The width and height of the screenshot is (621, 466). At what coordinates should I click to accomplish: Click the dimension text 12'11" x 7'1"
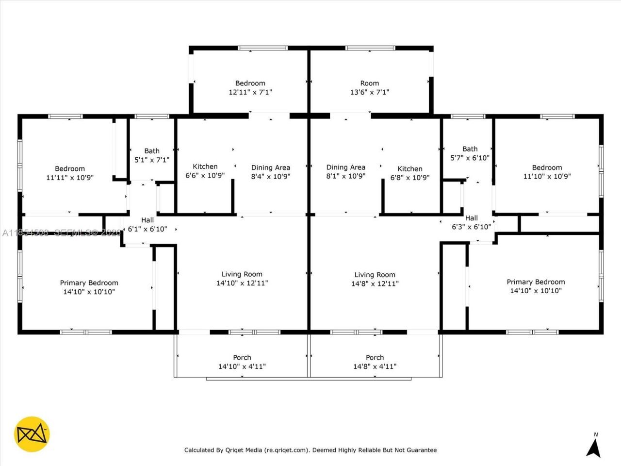click(250, 92)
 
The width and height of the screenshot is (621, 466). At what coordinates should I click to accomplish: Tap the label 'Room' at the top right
click(369, 83)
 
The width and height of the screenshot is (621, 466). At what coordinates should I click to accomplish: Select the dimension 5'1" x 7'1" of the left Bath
click(151, 160)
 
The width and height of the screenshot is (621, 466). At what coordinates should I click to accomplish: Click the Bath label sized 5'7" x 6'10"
click(470, 149)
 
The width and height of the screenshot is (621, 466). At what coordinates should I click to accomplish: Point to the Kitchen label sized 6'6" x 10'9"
click(205, 166)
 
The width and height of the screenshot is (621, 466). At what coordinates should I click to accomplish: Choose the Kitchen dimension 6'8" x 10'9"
click(410, 178)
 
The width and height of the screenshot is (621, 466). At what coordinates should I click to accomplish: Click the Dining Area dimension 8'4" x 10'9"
click(270, 177)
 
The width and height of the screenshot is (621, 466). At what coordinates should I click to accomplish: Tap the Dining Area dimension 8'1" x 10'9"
click(345, 176)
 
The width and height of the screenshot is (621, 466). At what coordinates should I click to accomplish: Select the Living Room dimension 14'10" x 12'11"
click(242, 283)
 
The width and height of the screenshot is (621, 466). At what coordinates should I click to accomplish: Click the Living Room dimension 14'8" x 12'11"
click(375, 283)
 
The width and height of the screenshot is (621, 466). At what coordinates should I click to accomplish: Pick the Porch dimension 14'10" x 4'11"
click(242, 366)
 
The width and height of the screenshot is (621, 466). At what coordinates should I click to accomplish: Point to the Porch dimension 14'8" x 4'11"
click(375, 366)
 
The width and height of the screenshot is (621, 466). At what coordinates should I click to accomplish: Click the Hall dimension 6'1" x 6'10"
click(147, 229)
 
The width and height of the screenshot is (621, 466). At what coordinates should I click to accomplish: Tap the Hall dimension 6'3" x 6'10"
click(471, 227)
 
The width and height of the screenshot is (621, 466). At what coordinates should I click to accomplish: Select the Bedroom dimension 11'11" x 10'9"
click(70, 178)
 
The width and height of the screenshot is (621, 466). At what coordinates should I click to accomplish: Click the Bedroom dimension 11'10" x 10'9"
click(547, 177)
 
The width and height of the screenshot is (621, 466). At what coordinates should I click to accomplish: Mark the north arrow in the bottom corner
click(593, 447)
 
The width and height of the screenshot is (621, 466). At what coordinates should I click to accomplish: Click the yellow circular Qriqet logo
click(32, 433)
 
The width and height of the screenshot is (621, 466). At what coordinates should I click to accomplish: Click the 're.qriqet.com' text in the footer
click(286, 450)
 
